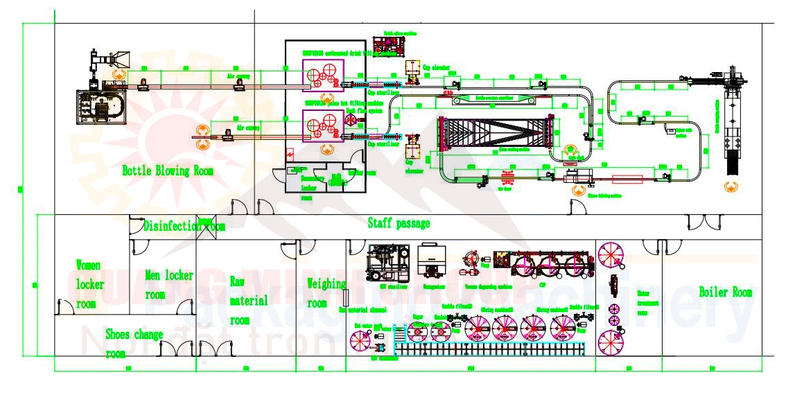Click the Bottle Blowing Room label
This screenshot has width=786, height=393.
click(168, 171)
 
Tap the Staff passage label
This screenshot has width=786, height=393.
click(399, 223)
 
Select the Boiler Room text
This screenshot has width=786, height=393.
click(725, 292)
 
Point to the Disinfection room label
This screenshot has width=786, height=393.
click(184, 226)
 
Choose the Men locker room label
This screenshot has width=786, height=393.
click(168, 285)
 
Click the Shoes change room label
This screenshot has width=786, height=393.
click(134, 344)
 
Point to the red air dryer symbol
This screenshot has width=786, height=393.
click(505, 179)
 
